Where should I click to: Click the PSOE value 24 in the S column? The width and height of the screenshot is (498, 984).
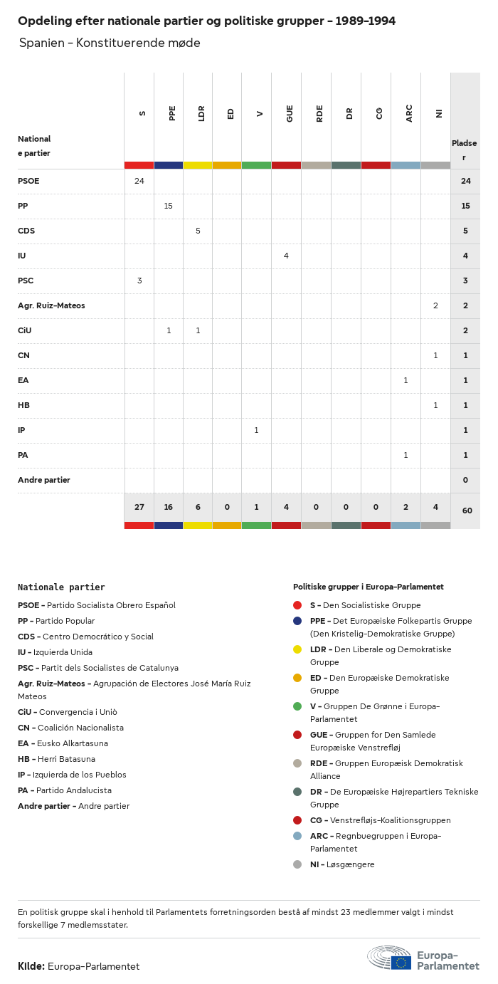139,181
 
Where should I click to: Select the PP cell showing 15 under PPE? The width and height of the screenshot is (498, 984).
169,206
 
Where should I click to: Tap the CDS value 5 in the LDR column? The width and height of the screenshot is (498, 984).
198,231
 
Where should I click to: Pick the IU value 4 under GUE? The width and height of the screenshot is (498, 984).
286,256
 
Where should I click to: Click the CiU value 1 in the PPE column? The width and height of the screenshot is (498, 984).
169,330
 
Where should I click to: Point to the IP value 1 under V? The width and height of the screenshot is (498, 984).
256,430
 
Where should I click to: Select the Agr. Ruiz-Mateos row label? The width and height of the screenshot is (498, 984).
51,305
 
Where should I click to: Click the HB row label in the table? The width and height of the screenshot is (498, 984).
24,405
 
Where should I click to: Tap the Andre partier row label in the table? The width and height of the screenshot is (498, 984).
44,480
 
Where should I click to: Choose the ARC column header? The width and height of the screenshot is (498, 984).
409,113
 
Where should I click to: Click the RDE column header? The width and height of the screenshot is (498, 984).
319,113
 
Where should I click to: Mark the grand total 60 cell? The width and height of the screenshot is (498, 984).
467,511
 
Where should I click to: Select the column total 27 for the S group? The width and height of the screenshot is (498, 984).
139,507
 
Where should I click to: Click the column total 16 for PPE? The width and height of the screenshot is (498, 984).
169,507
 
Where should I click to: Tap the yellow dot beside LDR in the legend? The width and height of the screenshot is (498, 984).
297,649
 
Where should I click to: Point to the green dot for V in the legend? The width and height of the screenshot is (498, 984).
297,706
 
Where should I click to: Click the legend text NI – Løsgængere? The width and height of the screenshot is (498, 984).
342,864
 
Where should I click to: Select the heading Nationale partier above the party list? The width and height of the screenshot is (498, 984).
61,587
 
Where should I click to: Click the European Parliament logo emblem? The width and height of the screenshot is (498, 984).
389,958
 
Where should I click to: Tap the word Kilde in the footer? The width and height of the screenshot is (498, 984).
31,966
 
